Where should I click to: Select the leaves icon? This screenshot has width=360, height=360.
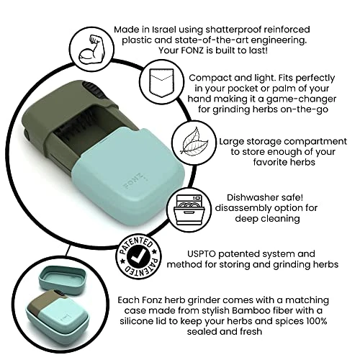[x=194, y=142]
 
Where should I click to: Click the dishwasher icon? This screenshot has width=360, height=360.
[x=189, y=210]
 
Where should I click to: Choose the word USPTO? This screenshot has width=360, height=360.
[x=202, y=253]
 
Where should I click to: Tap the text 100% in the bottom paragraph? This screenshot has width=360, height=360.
[x=317, y=321]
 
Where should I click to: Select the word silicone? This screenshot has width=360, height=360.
[x=135, y=321]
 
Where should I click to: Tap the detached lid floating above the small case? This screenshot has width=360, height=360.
[x=63, y=279]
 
